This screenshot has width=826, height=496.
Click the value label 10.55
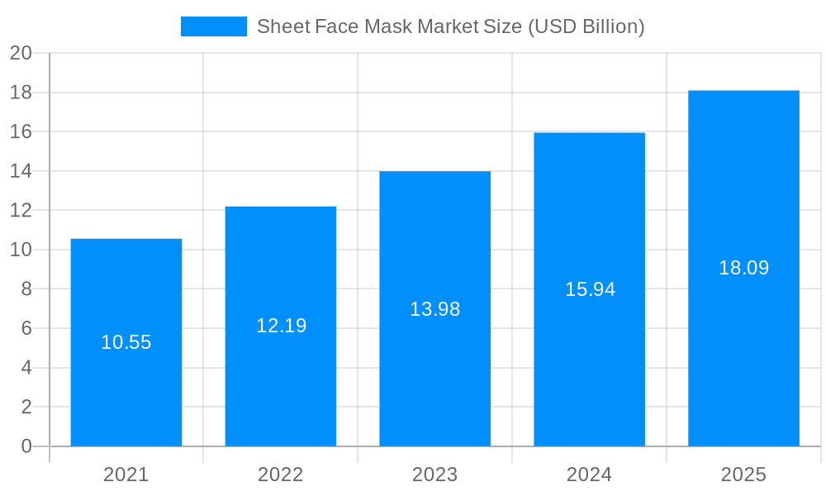click(126, 342)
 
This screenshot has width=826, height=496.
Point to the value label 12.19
click(281, 326)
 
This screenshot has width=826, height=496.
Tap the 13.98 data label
click(434, 309)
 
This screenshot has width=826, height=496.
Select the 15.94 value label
click(590, 289)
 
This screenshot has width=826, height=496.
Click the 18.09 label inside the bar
click(743, 268)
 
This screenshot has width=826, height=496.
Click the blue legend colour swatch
click(213, 26)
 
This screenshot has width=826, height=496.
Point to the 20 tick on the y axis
click(21, 53)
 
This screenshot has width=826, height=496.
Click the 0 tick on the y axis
click(26, 446)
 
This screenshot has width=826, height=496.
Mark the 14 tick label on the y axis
click(21, 171)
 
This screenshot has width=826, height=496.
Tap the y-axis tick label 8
click(26, 289)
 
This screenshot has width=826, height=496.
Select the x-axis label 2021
click(126, 475)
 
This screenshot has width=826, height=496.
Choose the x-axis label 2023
click(434, 475)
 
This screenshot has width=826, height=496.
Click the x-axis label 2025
click(743, 475)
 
